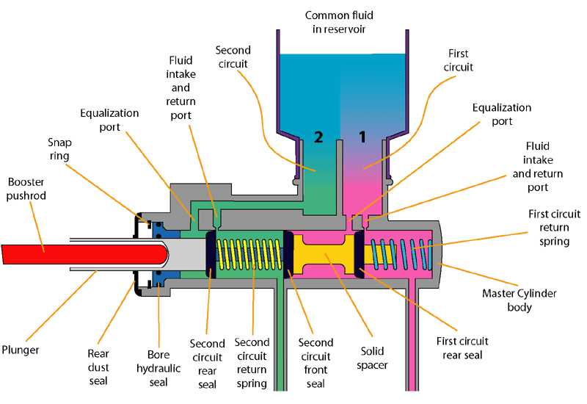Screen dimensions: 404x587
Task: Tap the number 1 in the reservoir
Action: pos(361,136)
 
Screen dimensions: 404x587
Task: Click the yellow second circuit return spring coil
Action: pos(249,254)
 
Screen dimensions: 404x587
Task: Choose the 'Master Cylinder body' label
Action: pos(519,300)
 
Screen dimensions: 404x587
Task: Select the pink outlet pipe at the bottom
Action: pos(416,345)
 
